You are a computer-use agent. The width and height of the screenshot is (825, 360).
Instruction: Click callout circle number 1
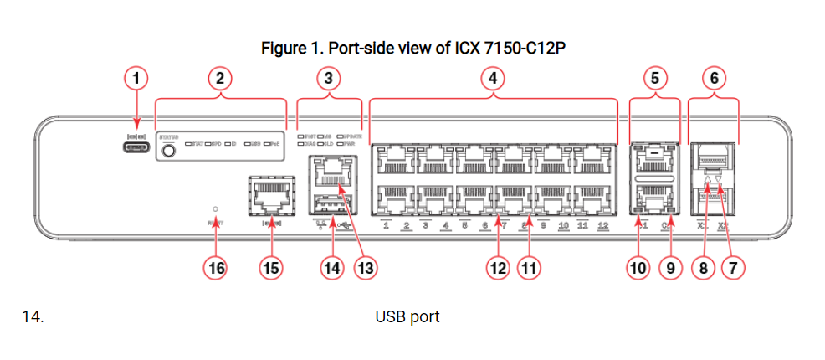(x=136, y=79)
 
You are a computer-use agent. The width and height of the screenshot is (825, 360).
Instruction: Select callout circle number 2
(x=220, y=79)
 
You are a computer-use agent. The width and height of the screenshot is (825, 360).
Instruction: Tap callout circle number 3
(x=329, y=79)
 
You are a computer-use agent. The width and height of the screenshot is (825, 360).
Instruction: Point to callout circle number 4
(x=494, y=79)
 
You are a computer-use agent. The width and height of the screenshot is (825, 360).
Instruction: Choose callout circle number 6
(x=714, y=79)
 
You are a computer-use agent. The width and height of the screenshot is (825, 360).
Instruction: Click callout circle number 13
(x=366, y=268)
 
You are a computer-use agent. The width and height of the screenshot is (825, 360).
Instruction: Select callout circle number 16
(x=217, y=268)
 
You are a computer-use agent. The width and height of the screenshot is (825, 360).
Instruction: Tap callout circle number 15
(x=271, y=268)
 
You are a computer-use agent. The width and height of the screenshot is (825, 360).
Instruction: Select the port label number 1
(x=386, y=226)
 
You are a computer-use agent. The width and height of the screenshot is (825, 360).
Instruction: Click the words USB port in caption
(x=407, y=318)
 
